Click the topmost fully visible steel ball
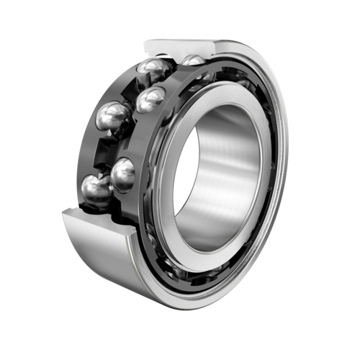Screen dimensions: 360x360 (x=155, y=71)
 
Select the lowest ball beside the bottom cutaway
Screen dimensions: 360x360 (x=95, y=191)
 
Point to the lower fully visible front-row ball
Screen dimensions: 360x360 (x=124, y=174)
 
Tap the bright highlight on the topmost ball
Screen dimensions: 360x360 (x=150, y=66)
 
